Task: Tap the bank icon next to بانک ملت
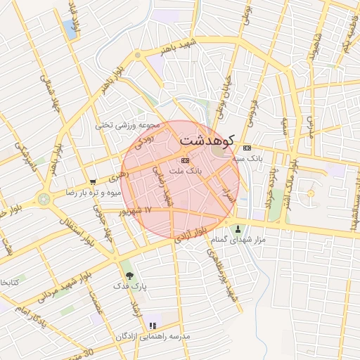[x=175, y=161]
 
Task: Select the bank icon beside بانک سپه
[x=247, y=148]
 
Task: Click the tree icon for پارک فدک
[x=129, y=276]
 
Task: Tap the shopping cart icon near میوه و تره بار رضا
[x=93, y=181]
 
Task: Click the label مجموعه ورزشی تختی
[x=129, y=125]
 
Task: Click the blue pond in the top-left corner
[x=70, y=29]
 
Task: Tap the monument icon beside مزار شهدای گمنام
[x=238, y=229]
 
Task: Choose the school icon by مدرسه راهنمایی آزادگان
[x=153, y=326]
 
